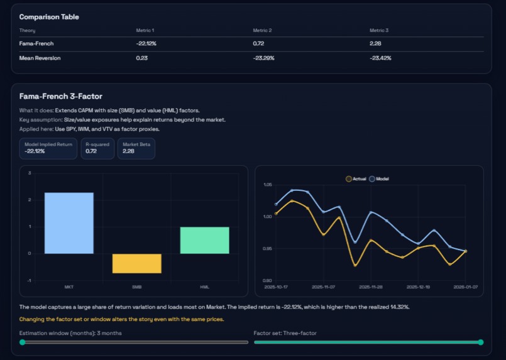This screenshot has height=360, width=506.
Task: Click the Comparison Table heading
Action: click(x=49, y=17)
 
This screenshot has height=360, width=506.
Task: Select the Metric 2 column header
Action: click(x=262, y=30)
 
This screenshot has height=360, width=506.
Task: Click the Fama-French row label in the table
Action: click(x=35, y=43)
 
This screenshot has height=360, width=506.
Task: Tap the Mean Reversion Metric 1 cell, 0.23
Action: click(x=141, y=58)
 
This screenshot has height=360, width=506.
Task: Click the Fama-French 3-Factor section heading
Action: click(x=60, y=97)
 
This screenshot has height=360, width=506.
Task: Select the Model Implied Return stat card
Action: click(x=48, y=148)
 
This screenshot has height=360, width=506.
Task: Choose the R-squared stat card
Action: click(x=98, y=148)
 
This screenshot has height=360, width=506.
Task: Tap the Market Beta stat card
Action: click(x=136, y=148)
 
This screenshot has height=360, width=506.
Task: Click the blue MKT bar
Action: click(x=69, y=223)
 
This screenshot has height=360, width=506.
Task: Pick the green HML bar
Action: click(x=204, y=241)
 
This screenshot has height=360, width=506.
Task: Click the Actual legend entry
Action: click(x=356, y=179)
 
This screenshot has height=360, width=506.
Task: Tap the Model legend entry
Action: click(x=380, y=179)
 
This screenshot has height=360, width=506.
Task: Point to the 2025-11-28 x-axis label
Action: click(x=370, y=286)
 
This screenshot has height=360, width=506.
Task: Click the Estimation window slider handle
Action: click(x=23, y=342)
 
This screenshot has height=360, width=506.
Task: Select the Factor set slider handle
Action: click(x=481, y=342)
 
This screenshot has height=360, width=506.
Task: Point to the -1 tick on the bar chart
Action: click(x=30, y=280)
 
